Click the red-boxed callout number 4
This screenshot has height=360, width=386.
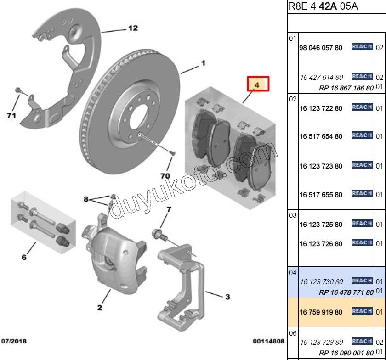click(257, 84)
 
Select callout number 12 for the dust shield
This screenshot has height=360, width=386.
click(132, 28)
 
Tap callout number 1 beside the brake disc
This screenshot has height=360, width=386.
click(202, 63)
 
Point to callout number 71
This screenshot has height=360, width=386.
click(11, 115)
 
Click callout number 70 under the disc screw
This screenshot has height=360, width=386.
click(165, 176)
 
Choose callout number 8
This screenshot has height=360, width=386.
click(85, 199)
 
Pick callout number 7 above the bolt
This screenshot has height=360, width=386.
click(168, 210)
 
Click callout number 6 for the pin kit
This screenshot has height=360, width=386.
click(24, 258)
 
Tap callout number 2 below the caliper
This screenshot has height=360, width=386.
click(99, 307)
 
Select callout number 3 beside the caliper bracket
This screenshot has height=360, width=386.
click(227, 297)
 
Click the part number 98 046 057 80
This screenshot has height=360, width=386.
click(321, 48)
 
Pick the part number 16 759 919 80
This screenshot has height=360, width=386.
click(321, 312)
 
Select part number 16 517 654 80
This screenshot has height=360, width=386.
click(321, 136)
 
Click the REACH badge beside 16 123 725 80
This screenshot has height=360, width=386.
click(362, 224)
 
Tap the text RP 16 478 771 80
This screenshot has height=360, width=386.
click(346, 292)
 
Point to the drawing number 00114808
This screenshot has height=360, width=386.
click(268, 341)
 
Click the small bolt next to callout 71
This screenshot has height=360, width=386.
click(18, 90)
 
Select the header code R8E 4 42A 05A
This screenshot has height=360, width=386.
click(323, 6)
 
